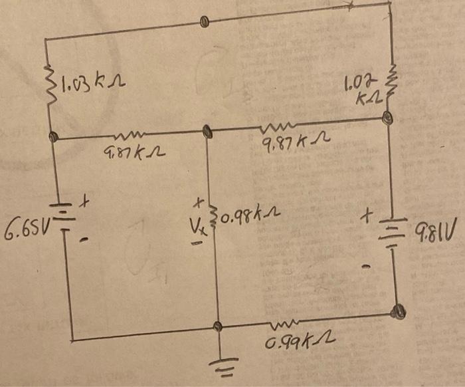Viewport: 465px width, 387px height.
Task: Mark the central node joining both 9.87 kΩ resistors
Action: point(207,130)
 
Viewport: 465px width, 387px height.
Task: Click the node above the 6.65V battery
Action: point(53,138)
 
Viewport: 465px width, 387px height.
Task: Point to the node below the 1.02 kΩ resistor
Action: point(388,119)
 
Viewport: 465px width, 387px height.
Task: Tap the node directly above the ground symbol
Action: point(217,326)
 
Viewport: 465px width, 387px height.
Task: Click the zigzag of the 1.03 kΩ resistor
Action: point(47,84)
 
